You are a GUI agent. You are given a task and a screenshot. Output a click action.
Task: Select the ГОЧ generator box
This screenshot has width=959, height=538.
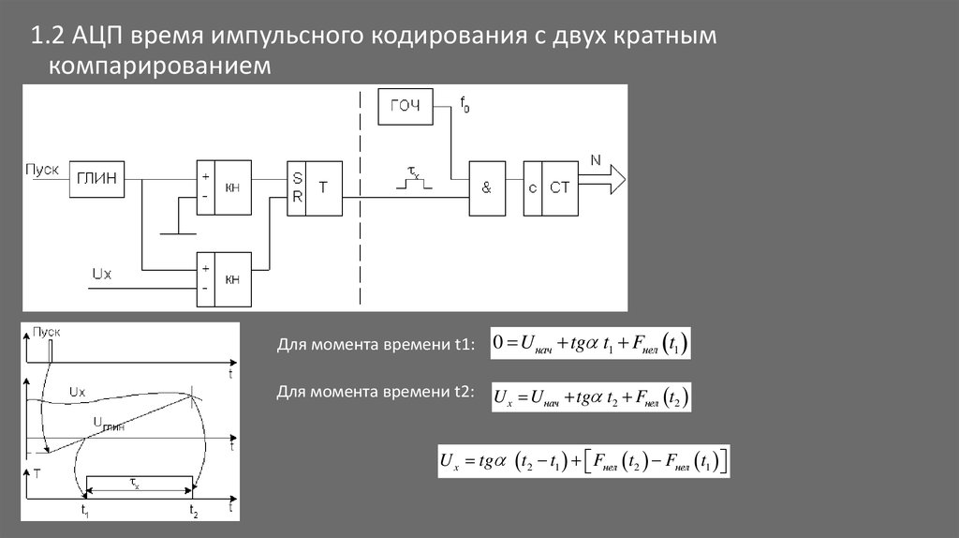(x=406, y=106)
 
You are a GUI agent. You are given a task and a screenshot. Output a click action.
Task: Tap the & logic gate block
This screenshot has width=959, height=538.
(x=486, y=187)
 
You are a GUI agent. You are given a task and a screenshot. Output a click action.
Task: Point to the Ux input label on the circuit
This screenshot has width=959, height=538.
(x=101, y=273)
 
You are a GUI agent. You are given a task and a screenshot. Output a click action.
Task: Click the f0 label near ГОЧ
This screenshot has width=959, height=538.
(x=465, y=105)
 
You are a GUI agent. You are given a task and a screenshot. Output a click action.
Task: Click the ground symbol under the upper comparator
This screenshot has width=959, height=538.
(x=179, y=228)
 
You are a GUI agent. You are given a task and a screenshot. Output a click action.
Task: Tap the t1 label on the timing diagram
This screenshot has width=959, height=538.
(x=85, y=512)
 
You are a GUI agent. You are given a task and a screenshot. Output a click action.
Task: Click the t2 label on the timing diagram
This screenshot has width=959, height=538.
(x=193, y=512)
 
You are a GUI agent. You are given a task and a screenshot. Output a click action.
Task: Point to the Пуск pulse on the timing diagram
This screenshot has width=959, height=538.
(x=52, y=349)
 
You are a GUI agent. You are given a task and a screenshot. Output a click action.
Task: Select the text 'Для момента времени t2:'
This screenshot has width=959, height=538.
(x=376, y=391)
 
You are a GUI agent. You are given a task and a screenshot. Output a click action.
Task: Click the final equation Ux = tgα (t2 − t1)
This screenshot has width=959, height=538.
(x=583, y=461)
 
